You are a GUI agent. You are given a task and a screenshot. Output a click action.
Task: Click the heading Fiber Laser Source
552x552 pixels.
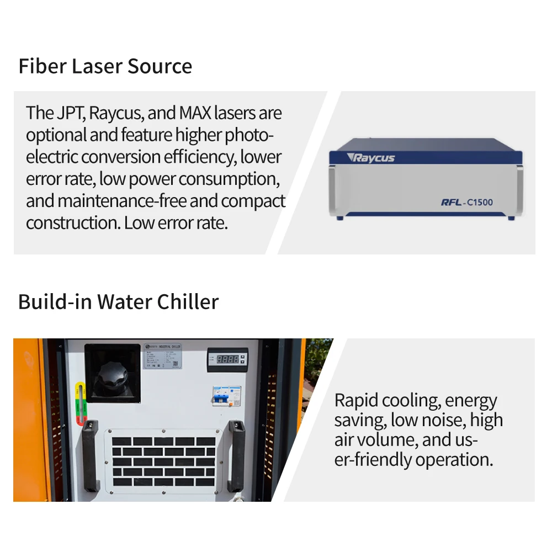point(105,66)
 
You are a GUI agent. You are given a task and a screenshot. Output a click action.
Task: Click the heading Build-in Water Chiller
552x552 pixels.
point(118,302)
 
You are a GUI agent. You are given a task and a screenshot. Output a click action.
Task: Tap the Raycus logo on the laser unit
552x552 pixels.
point(371,158)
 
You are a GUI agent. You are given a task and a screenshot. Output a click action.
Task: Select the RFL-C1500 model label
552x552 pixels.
point(466,202)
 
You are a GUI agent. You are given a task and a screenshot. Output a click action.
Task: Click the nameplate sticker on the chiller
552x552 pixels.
point(165,355)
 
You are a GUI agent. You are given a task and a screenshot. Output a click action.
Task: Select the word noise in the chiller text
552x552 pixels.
point(442,420)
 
